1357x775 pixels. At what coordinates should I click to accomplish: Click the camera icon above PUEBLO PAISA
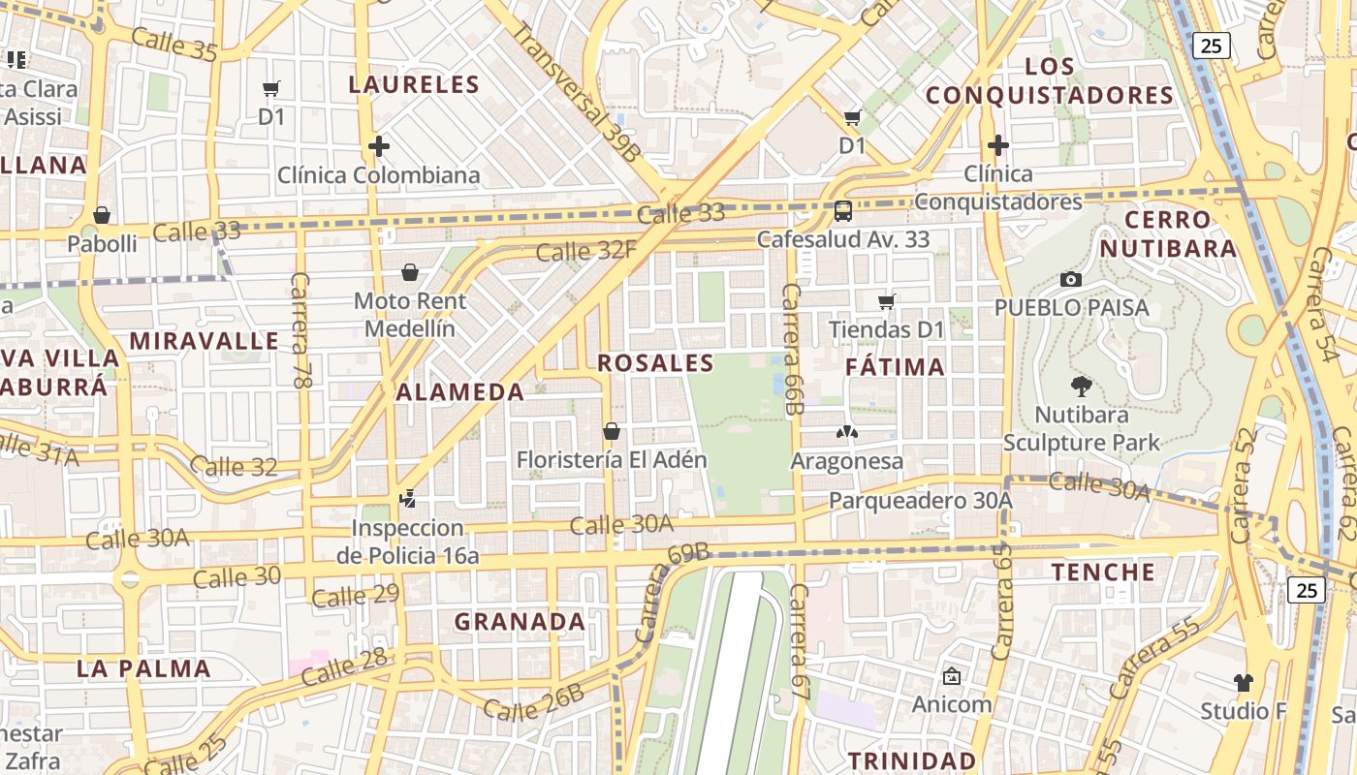click(1071, 279)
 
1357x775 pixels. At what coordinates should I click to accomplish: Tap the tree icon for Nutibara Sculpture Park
click(1081, 387)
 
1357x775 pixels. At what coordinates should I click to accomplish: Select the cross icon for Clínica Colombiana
click(379, 146)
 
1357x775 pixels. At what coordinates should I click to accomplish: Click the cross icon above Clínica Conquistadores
click(998, 145)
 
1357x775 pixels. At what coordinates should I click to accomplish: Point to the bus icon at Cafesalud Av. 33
click(843, 210)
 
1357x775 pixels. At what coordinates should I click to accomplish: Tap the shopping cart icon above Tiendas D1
click(886, 301)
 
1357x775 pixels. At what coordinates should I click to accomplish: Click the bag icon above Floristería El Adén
click(612, 430)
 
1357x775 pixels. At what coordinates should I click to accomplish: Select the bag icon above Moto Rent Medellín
click(410, 272)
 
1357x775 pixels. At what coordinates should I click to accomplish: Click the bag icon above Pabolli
click(102, 215)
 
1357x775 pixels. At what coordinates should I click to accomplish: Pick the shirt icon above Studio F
click(1244, 682)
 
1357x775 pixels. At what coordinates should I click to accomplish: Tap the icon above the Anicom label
click(952, 676)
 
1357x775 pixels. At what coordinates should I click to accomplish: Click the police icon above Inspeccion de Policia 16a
click(408, 500)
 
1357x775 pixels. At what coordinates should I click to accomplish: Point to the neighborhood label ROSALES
click(655, 363)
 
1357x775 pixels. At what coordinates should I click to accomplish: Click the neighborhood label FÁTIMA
click(895, 367)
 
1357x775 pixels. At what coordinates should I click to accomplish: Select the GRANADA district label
click(520, 622)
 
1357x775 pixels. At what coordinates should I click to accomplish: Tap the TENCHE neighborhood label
click(1104, 572)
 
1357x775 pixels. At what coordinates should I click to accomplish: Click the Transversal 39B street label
click(576, 92)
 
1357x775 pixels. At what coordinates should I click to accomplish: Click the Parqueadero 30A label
click(920, 501)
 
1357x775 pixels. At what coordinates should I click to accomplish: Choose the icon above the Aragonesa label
click(847, 432)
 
